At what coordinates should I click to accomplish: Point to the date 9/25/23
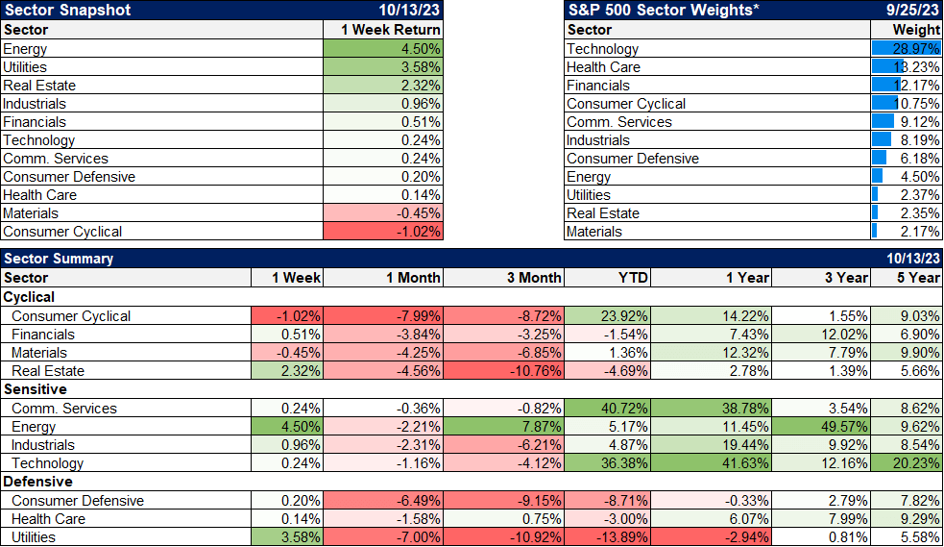[x=915, y=11]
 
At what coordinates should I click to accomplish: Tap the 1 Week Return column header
[x=397, y=30]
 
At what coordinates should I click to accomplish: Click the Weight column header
[x=916, y=30]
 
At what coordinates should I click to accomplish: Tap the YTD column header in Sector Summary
[x=633, y=278]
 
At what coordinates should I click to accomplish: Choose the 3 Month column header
[x=533, y=278]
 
